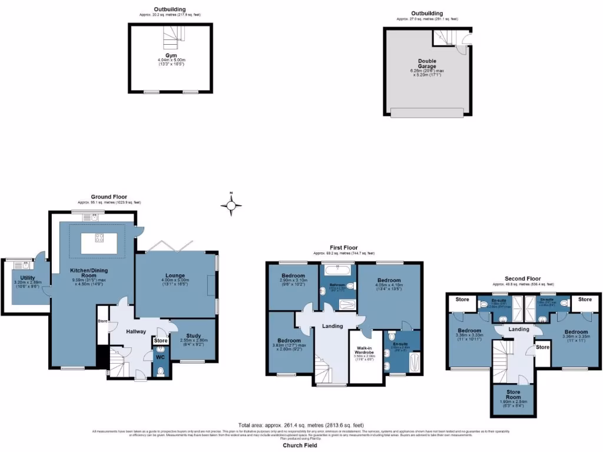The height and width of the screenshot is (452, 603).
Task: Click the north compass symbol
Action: point(231,205)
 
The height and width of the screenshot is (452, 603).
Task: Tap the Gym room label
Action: point(171,55)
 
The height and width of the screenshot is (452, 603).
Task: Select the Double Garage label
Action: point(427,64)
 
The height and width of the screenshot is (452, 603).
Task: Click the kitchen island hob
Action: point(99,238)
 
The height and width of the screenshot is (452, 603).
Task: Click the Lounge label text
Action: point(175,275)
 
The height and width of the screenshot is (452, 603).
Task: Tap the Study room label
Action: point(189,334)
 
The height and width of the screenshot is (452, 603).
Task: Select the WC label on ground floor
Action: point(160,356)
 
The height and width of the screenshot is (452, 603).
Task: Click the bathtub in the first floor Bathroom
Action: point(338,271)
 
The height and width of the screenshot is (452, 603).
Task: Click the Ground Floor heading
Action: point(108,197)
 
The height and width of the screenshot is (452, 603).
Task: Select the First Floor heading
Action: point(343,248)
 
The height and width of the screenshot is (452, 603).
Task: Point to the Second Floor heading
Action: point(522,278)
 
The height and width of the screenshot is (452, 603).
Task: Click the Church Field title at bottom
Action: point(300,446)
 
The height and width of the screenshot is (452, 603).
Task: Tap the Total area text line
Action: point(301,425)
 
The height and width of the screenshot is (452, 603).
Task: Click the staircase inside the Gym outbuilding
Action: point(169,38)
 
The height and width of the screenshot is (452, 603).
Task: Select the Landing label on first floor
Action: point(332,325)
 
